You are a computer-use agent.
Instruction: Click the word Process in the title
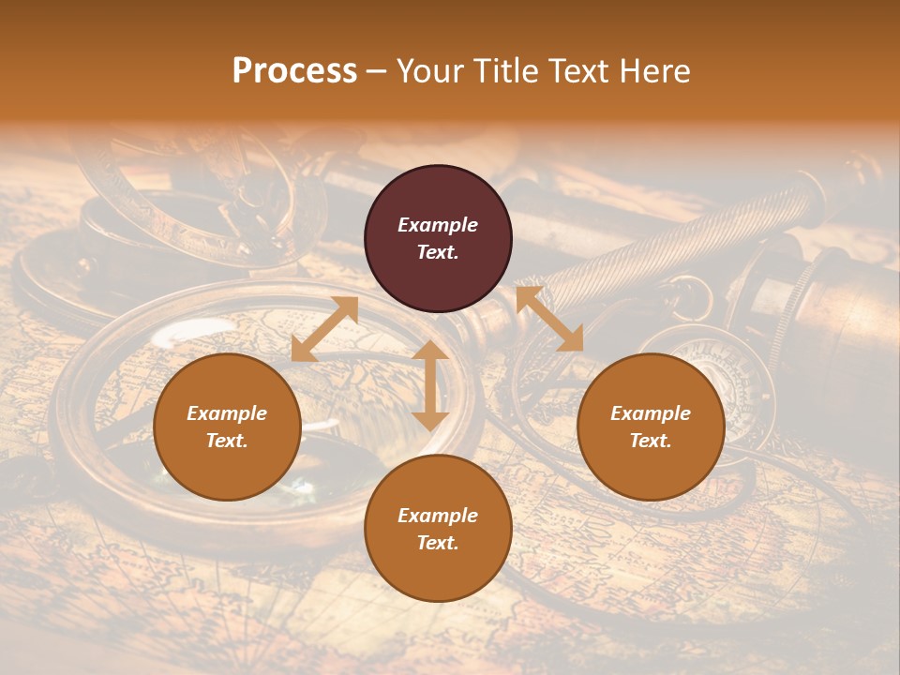click(x=294, y=71)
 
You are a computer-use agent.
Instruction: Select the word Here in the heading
click(x=653, y=71)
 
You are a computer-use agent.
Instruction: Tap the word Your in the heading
click(x=432, y=71)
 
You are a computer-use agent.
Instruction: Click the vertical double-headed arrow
click(x=430, y=385)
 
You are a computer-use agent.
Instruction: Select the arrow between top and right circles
click(x=549, y=319)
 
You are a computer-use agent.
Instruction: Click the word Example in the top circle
click(x=438, y=225)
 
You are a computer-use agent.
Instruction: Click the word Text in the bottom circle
click(x=438, y=543)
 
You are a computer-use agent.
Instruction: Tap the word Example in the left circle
click(x=227, y=413)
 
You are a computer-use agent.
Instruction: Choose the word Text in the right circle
click(x=651, y=441)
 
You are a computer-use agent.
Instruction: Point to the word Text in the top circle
click(x=438, y=252)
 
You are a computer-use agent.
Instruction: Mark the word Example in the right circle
click(x=651, y=413)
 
